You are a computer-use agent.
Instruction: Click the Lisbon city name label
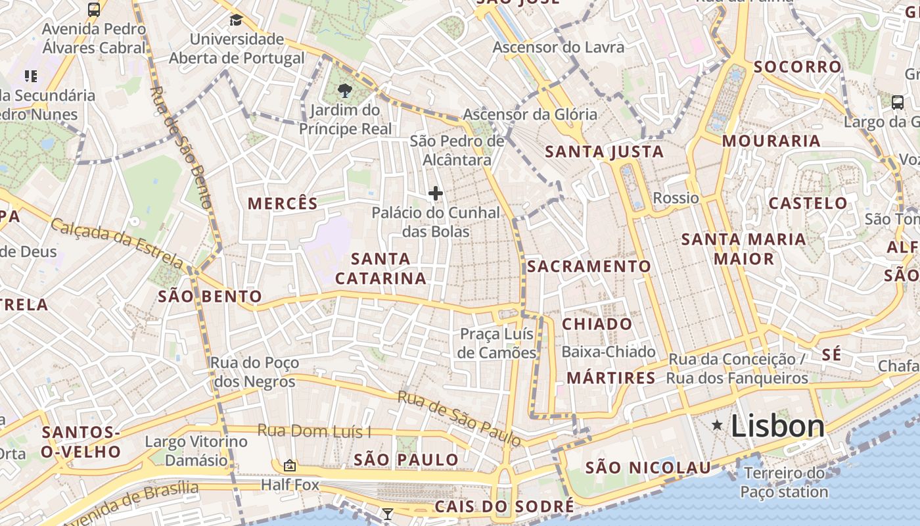tap(777, 427)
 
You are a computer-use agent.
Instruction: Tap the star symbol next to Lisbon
tap(717, 426)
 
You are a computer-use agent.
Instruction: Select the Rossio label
tap(676, 198)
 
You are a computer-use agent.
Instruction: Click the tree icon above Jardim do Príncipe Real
tap(344, 91)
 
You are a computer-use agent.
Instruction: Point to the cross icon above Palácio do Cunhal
tap(435, 193)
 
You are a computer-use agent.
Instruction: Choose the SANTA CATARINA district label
tap(380, 268)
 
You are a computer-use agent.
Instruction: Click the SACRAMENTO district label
tap(589, 266)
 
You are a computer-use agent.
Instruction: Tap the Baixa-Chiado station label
tap(608, 352)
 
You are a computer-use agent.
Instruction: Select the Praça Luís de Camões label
tap(497, 343)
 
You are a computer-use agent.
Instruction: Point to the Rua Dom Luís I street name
tap(314, 431)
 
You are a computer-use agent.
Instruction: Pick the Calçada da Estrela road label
tap(117, 244)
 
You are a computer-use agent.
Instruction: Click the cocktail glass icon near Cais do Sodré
tap(388, 514)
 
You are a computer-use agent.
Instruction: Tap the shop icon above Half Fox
tap(289, 466)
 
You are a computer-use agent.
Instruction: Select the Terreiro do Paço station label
tap(784, 482)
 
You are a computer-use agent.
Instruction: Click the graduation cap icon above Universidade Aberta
tap(236, 20)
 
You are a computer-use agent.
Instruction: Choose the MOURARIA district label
tap(771, 141)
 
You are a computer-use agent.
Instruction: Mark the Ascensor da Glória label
tap(530, 114)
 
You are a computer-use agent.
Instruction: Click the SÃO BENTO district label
tap(210, 296)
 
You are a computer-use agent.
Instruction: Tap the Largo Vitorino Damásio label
tap(196, 450)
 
